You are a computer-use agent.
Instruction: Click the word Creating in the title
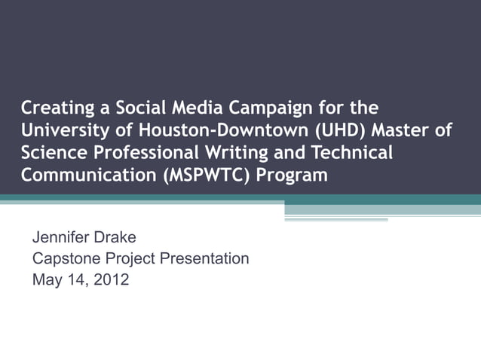tap(55, 108)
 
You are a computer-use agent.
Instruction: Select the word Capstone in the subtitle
tap(63, 259)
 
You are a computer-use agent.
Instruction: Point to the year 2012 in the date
tap(111, 280)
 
